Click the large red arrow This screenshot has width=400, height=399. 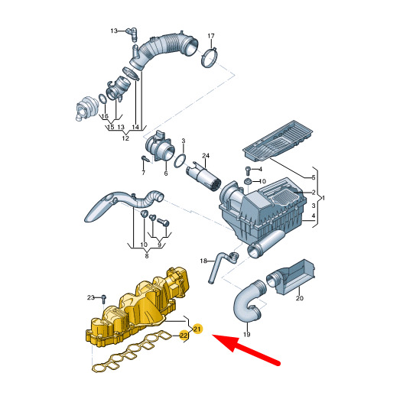click(x=246, y=349)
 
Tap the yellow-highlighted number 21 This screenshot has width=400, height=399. click(x=197, y=329)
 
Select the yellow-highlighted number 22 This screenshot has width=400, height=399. click(x=184, y=336)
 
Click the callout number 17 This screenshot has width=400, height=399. click(x=211, y=36)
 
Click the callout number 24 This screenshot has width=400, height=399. click(x=206, y=155)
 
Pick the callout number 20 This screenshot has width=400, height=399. click(x=300, y=298)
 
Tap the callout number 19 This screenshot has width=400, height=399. click(x=246, y=334)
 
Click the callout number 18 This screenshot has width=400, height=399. click(x=203, y=261)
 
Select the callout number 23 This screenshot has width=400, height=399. click(x=91, y=297)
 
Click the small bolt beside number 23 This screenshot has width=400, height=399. click(x=103, y=299)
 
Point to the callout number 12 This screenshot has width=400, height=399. click(x=125, y=138)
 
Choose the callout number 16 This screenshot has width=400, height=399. click(x=105, y=116)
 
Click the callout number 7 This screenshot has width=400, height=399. click(x=143, y=173)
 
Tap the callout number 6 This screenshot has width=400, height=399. click(x=166, y=174)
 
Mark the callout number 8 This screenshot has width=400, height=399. click(x=147, y=256)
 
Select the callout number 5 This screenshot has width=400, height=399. click(x=314, y=177)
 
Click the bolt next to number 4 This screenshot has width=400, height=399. click(x=247, y=170)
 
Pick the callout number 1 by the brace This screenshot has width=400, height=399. click(x=324, y=198)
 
